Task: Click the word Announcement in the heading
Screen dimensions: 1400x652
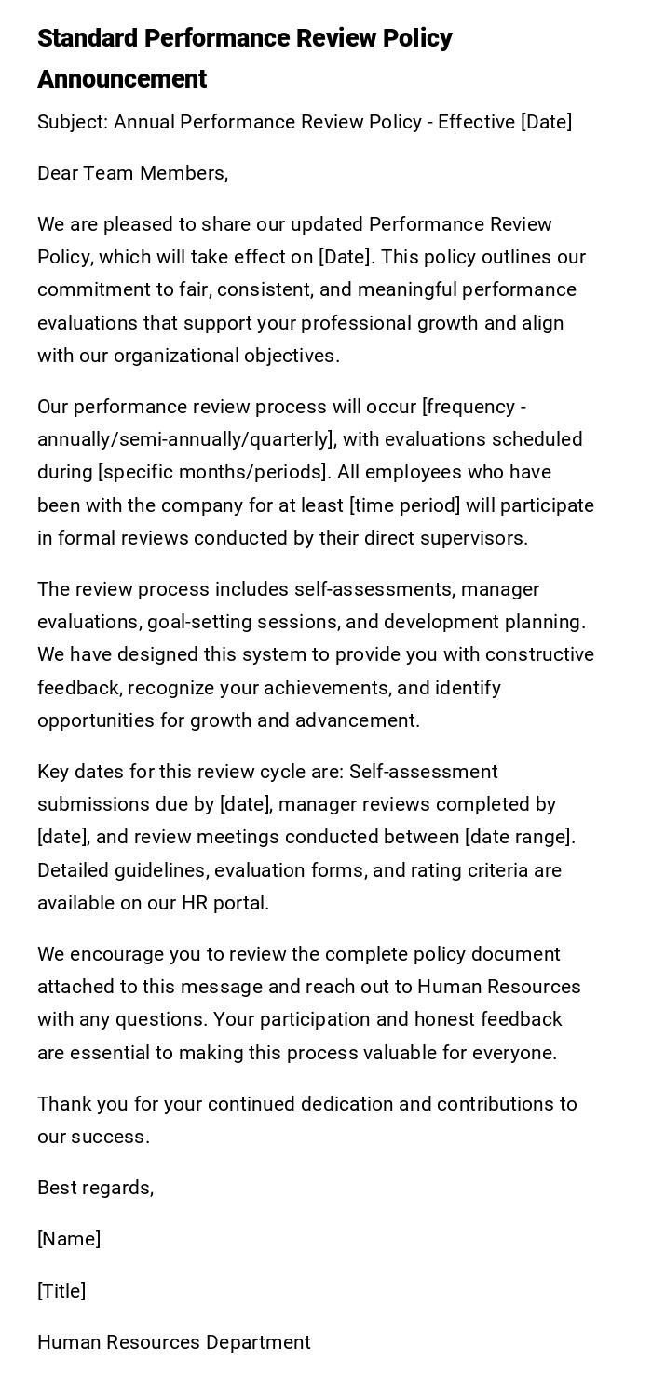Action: (x=122, y=79)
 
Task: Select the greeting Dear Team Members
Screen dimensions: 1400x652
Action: (x=132, y=173)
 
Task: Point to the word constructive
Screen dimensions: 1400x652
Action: (x=535, y=654)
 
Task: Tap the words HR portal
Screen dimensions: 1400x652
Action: (x=224, y=903)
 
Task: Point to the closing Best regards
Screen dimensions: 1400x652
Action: (x=95, y=1188)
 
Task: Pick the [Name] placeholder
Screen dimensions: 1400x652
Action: (x=69, y=1239)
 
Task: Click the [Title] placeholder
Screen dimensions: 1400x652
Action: (x=61, y=1291)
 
